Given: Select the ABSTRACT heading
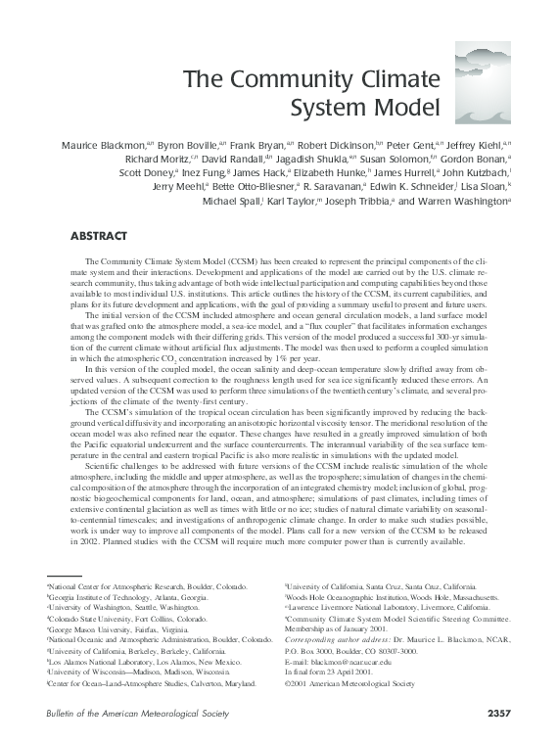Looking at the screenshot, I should [100, 236].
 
